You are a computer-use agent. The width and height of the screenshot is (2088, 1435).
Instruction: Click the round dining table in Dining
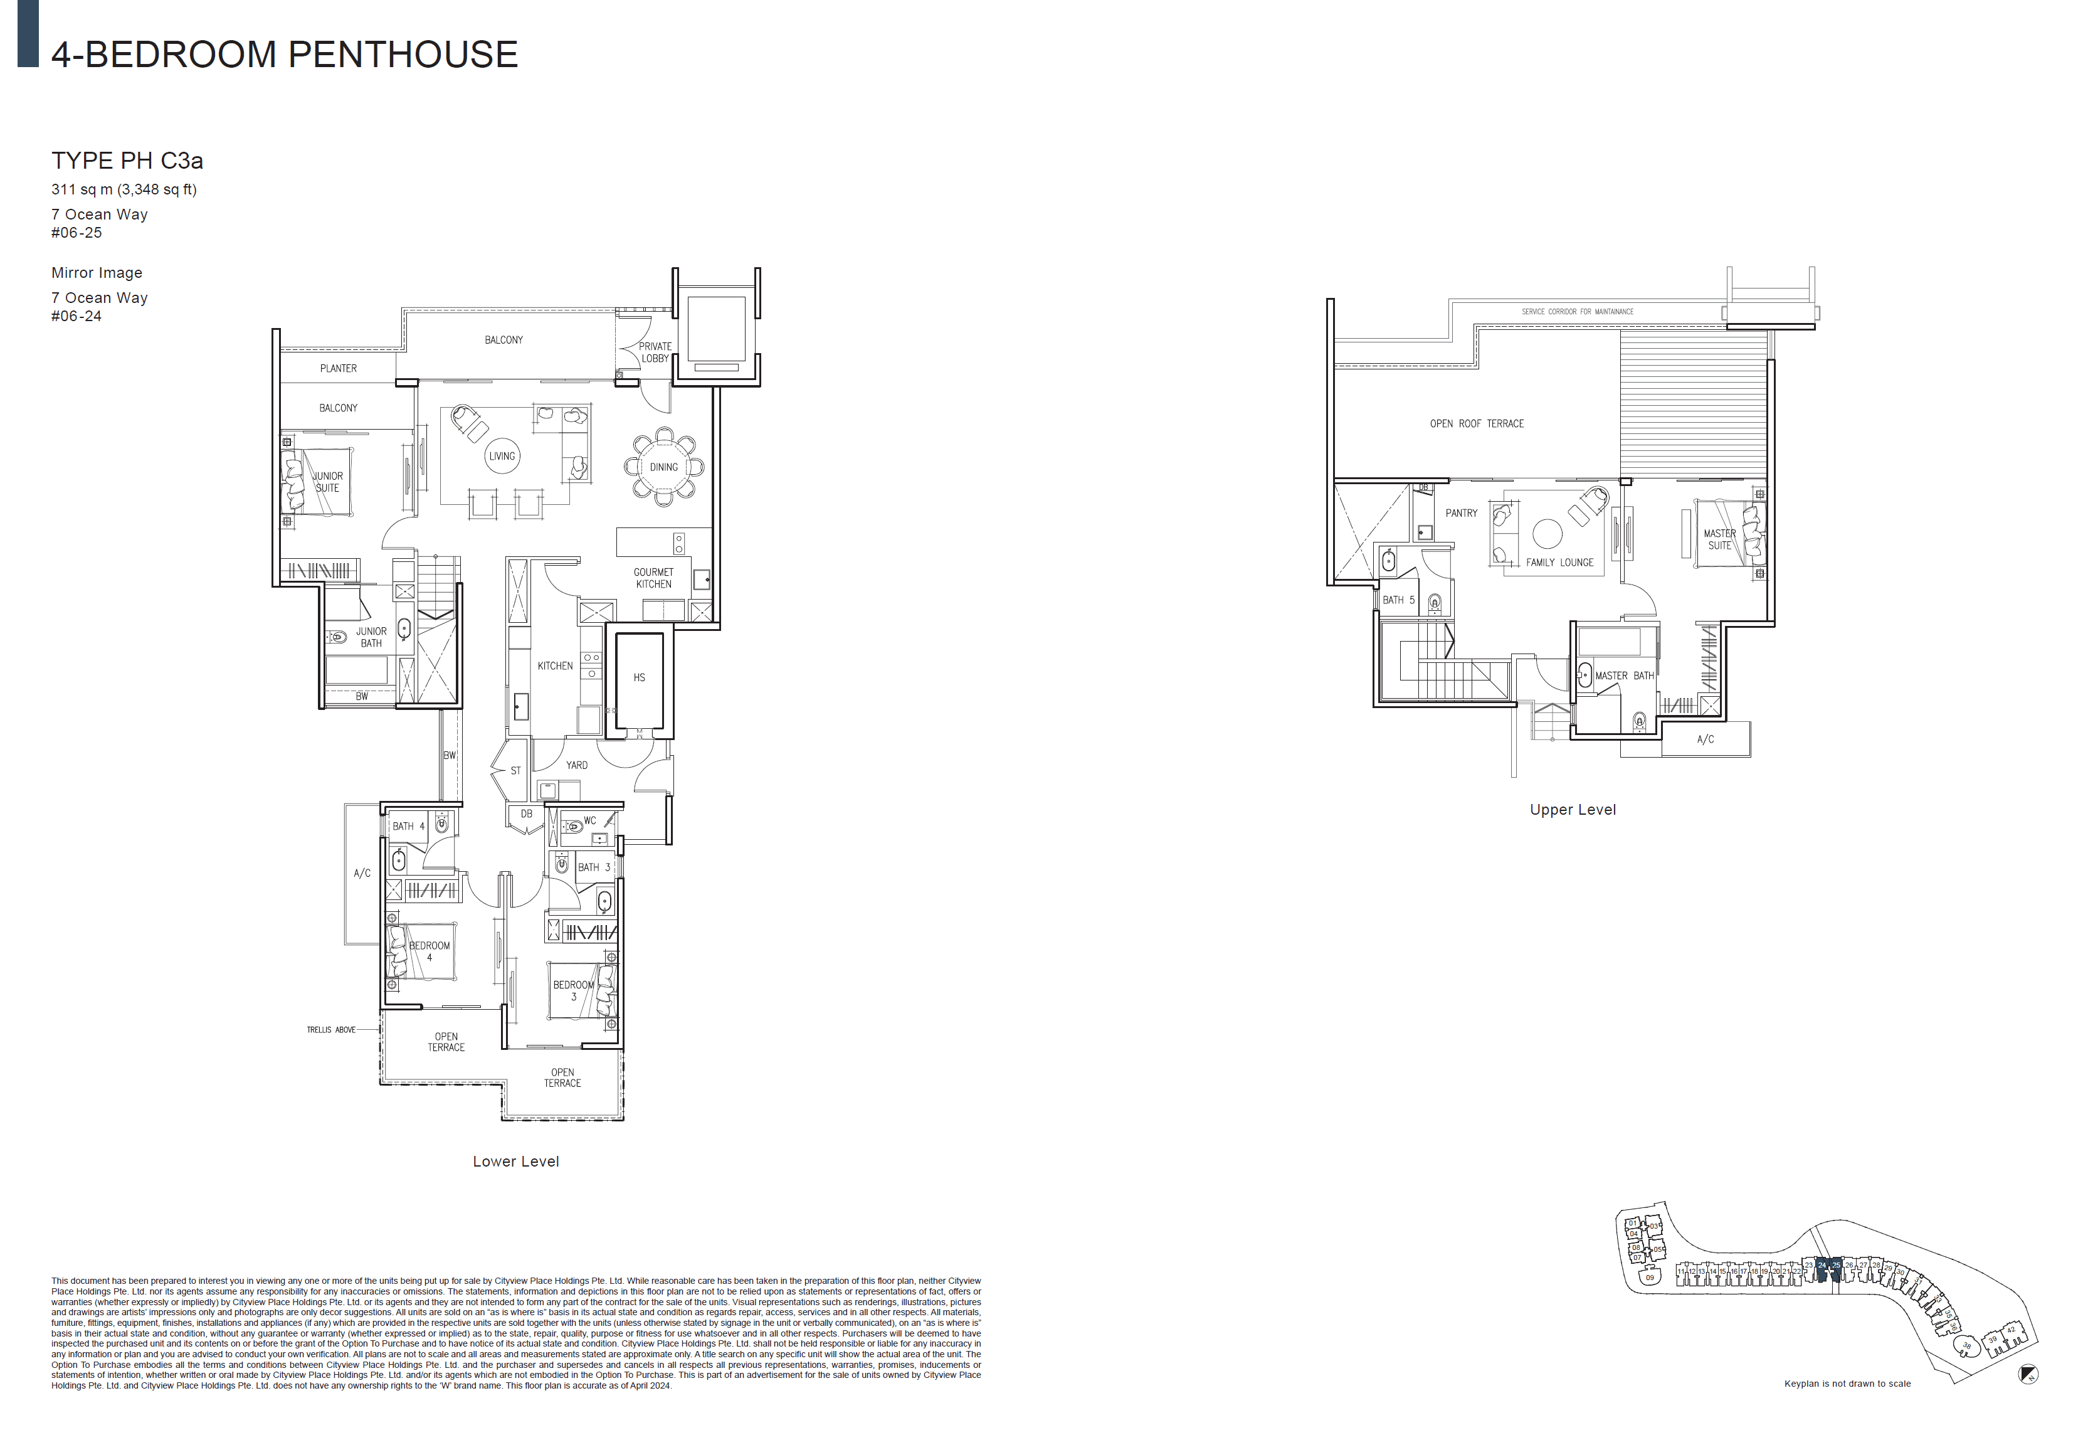pyautogui.click(x=663, y=467)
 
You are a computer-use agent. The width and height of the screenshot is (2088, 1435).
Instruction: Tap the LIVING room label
pyautogui.click(x=502, y=456)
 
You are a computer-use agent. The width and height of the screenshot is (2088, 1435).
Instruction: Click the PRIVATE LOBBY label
pyautogui.click(x=655, y=352)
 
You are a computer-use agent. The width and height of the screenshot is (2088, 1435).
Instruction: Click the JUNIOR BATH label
pyautogui.click(x=371, y=637)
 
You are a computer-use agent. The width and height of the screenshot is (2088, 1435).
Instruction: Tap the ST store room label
pyautogui.click(x=515, y=771)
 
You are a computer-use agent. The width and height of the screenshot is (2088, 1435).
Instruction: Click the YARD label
pyautogui.click(x=576, y=766)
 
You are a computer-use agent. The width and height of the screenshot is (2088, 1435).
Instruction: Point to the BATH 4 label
pyautogui.click(x=408, y=826)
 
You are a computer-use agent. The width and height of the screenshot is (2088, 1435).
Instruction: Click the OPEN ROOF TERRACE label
pyautogui.click(x=1477, y=423)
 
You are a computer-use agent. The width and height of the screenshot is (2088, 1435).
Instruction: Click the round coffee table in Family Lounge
pyautogui.click(x=1547, y=533)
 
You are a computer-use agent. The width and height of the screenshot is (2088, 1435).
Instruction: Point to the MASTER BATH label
pyautogui.click(x=1623, y=676)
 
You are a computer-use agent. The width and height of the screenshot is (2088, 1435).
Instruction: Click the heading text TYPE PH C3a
pyautogui.click(x=127, y=161)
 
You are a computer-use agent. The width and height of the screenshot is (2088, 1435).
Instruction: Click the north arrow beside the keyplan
pyautogui.click(x=2028, y=1374)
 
